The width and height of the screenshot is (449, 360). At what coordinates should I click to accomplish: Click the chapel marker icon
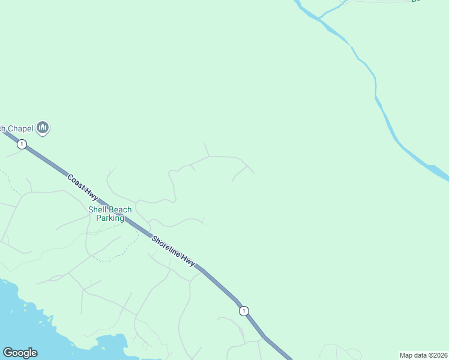[x=43, y=127]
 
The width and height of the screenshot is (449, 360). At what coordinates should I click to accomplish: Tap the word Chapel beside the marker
[x=20, y=128]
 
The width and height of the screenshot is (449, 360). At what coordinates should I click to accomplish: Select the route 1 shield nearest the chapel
[x=22, y=144]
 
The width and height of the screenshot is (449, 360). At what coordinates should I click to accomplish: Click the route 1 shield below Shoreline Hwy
[x=243, y=311]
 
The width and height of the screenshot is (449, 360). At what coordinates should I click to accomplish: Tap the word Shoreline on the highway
[x=166, y=248]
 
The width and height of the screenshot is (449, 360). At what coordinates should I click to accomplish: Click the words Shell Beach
[x=110, y=209]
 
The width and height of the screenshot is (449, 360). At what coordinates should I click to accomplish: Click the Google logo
[x=20, y=353]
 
